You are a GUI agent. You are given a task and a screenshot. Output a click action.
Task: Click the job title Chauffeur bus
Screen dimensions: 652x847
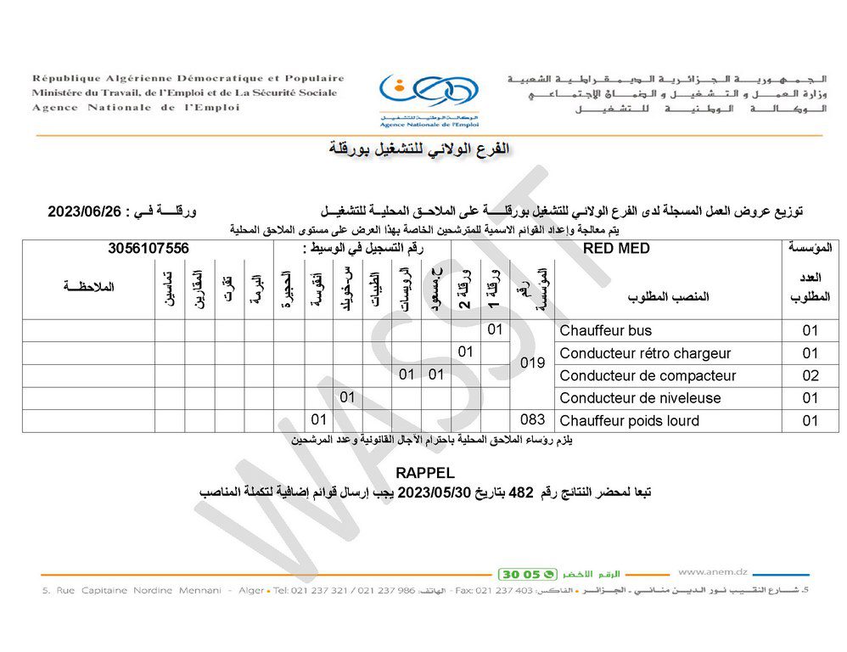click(606, 330)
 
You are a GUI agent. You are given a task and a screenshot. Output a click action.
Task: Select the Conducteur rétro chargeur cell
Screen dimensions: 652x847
click(645, 353)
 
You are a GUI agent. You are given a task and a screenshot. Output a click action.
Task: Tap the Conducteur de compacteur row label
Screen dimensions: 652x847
click(648, 375)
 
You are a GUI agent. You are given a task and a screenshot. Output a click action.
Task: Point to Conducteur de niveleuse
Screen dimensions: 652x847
click(640, 398)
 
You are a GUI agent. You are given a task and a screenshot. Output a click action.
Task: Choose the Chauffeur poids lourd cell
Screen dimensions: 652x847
click(630, 421)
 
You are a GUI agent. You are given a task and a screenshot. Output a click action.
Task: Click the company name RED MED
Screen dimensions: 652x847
click(617, 249)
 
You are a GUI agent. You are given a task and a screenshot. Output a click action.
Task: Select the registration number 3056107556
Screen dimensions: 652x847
click(149, 249)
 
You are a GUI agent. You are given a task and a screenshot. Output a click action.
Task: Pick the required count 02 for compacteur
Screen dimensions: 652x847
click(811, 375)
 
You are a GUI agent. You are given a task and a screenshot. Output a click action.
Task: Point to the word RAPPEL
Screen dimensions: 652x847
click(425, 472)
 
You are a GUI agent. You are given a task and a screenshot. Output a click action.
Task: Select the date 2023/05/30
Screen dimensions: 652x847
click(429, 492)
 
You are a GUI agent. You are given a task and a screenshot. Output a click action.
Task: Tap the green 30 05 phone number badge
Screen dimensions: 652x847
click(528, 573)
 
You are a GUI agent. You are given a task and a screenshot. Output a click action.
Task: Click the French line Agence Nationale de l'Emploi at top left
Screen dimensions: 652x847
click(136, 108)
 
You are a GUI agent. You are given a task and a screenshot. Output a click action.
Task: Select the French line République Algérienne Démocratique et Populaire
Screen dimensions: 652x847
click(188, 78)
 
